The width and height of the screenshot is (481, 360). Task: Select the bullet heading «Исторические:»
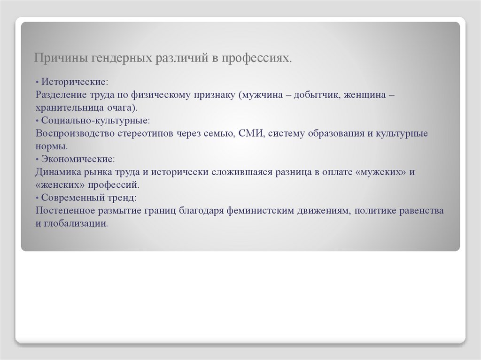(x=75, y=81)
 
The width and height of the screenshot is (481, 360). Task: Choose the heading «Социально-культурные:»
(x=96, y=120)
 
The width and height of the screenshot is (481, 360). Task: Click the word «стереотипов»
(x=147, y=133)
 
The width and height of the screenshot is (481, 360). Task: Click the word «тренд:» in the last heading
(x=120, y=198)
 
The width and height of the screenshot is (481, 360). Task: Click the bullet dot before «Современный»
(x=37, y=198)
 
